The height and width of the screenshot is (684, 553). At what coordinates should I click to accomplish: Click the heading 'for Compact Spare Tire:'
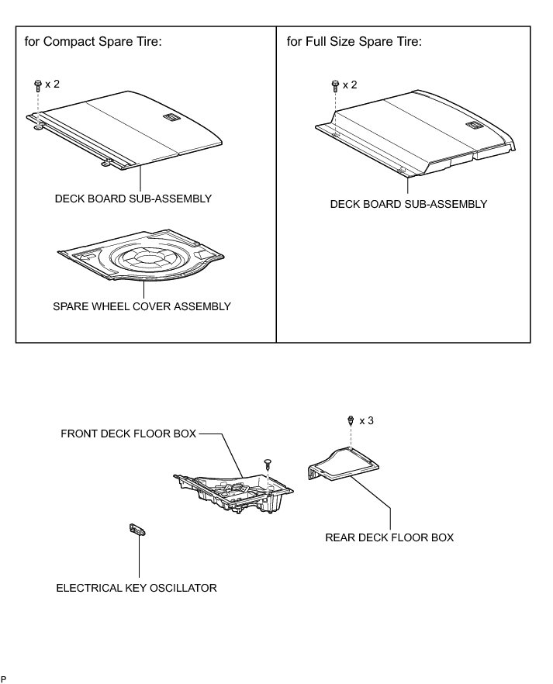92,41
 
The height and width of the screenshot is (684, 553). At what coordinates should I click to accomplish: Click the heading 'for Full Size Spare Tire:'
354,41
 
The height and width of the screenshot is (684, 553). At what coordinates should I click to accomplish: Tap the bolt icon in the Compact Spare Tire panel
37,85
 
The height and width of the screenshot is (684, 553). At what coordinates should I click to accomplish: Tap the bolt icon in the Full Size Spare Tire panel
334,85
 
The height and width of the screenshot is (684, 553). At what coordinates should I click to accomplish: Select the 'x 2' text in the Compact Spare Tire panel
52,84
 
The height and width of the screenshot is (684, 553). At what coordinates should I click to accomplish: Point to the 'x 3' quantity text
365,420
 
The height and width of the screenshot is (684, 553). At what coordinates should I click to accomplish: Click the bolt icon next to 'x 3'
351,420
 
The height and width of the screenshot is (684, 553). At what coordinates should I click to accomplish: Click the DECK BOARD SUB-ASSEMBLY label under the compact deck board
133,199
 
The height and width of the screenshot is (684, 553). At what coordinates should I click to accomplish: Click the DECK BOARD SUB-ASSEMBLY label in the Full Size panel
408,204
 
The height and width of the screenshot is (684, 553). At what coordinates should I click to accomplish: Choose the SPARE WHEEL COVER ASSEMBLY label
141,306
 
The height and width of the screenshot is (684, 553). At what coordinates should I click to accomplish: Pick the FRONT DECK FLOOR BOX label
129,434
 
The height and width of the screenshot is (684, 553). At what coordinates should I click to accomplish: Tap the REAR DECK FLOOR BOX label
389,537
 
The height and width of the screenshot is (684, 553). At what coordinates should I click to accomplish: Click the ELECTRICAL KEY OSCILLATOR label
137,588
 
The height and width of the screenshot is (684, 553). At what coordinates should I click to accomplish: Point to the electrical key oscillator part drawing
137,530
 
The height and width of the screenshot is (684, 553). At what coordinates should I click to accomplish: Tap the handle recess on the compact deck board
171,117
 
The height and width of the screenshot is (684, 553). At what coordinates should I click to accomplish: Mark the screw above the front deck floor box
268,463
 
